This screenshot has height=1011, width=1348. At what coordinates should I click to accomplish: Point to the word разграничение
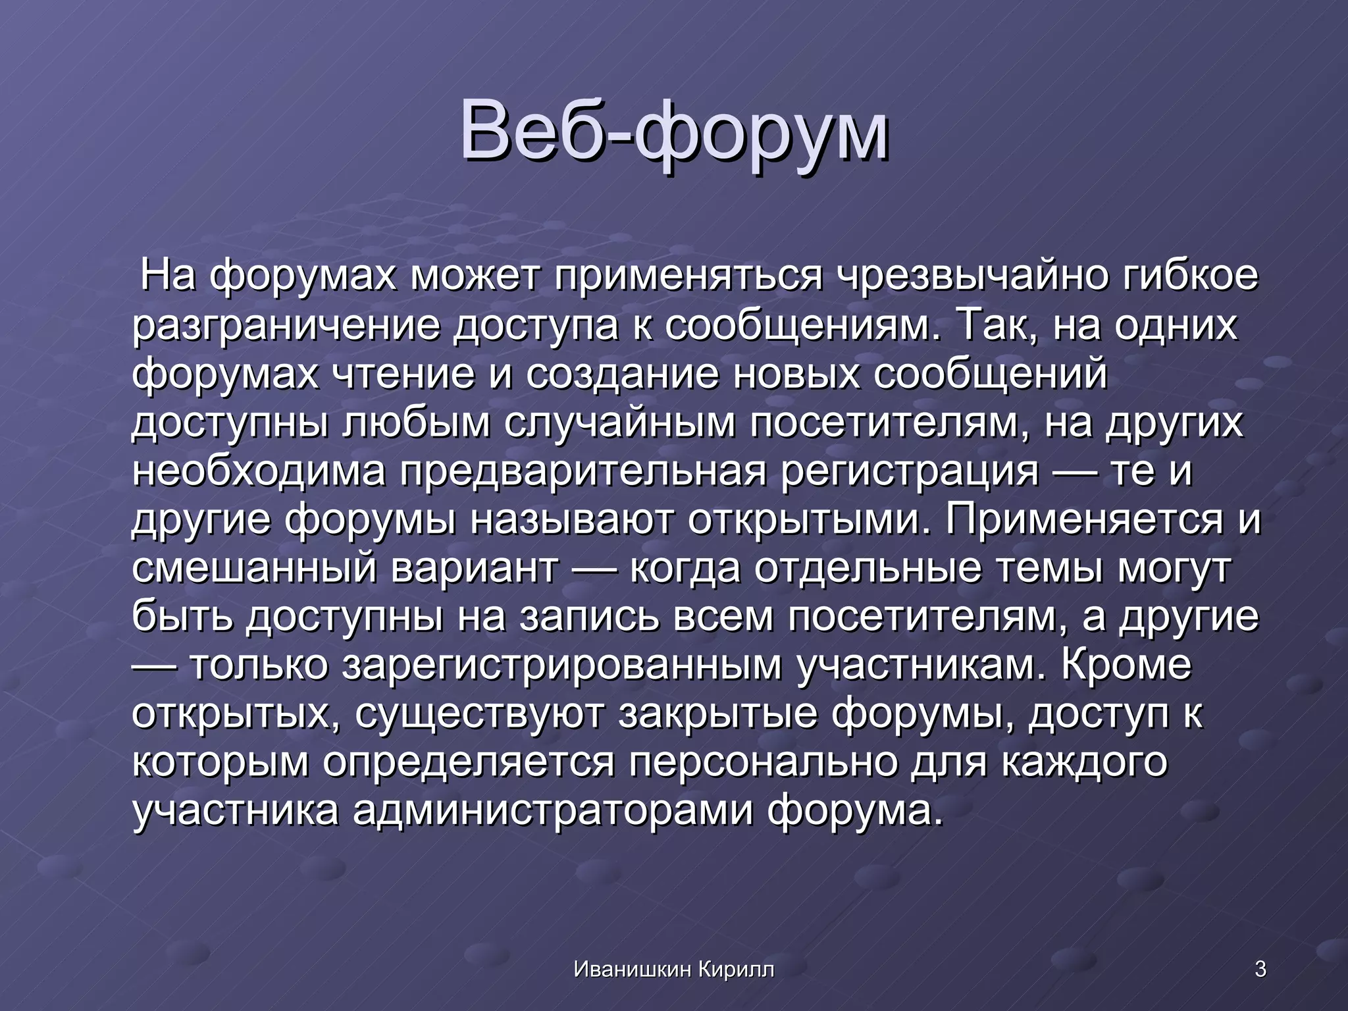coord(286,325)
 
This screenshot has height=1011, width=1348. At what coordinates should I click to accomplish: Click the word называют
coord(571,519)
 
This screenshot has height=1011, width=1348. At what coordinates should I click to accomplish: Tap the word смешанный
coord(254,568)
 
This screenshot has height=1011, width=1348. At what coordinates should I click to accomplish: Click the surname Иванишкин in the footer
coord(633,969)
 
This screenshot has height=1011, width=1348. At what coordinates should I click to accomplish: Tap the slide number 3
coord(1260,969)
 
